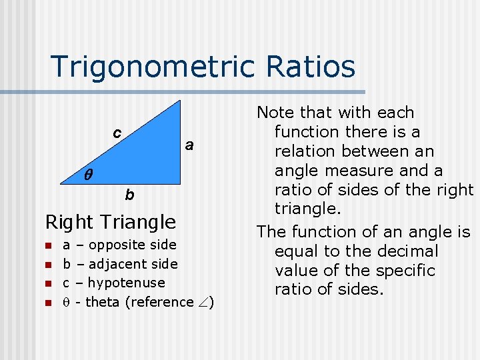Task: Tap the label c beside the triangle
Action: pyautogui.click(x=117, y=133)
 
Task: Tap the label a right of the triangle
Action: pyautogui.click(x=189, y=145)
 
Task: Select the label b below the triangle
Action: pyautogui.click(x=129, y=195)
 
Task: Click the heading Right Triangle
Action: pyautogui.click(x=110, y=221)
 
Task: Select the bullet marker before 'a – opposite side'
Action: pyautogui.click(x=48, y=245)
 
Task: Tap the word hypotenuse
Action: pyautogui.click(x=126, y=283)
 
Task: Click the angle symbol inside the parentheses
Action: pyautogui.click(x=203, y=302)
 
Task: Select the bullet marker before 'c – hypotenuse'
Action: pyautogui.click(x=48, y=283)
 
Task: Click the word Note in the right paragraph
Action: pyautogui.click(x=275, y=113)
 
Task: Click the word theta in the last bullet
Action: pyautogui.click(x=102, y=302)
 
